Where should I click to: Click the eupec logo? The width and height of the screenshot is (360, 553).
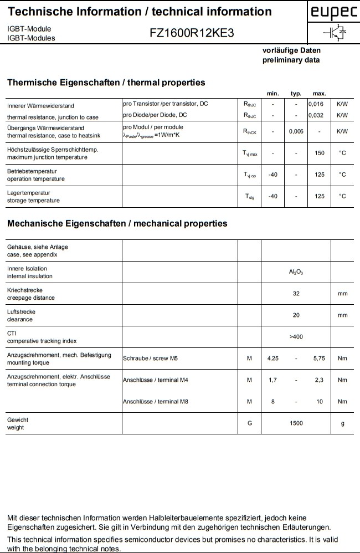pyautogui.click(x=333, y=13)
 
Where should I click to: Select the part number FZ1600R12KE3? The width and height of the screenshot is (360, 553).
pyautogui.click(x=192, y=33)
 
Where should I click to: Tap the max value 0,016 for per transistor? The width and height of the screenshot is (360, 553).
pyautogui.click(x=316, y=104)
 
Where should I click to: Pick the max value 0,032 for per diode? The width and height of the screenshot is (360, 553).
pyautogui.click(x=316, y=115)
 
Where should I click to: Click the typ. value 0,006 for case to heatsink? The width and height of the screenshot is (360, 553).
pyautogui.click(x=296, y=131)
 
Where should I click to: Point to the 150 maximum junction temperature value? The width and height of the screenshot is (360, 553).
pyautogui.click(x=319, y=153)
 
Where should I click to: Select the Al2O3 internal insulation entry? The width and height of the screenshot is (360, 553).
pyautogui.click(x=296, y=272)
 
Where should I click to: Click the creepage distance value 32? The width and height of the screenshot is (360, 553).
pyautogui.click(x=296, y=294)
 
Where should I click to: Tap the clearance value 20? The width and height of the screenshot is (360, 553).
pyautogui.click(x=296, y=315)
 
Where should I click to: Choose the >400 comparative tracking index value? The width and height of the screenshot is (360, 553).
pyautogui.click(x=296, y=337)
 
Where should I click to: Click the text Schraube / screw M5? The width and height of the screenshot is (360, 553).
pyautogui.click(x=151, y=359)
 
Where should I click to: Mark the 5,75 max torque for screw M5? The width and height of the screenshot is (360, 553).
pyautogui.click(x=319, y=359)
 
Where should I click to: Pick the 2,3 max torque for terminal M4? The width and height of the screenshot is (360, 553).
pyautogui.click(x=319, y=380)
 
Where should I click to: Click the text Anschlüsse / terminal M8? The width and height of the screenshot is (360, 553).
pyautogui.click(x=156, y=402)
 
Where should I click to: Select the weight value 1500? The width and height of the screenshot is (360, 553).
pyautogui.click(x=296, y=423)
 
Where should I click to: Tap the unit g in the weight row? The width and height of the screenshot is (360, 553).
pyautogui.click(x=342, y=423)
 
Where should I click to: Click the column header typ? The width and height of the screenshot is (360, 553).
pyautogui.click(x=296, y=94)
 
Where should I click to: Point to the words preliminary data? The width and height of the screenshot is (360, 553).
pyautogui.click(x=291, y=60)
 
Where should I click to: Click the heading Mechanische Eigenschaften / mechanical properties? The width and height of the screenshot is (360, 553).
pyautogui.click(x=117, y=224)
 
